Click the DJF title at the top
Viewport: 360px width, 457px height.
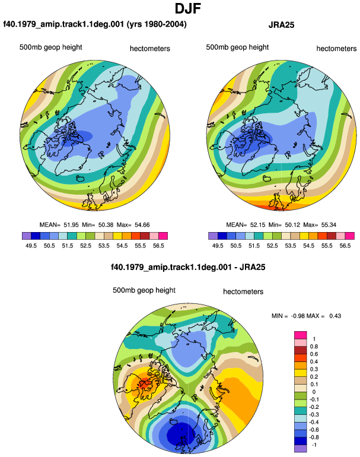click(x=188, y=8)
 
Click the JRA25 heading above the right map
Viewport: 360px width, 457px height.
click(x=281, y=25)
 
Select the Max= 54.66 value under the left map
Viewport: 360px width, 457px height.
click(x=133, y=225)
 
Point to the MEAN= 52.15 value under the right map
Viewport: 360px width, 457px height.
click(x=246, y=225)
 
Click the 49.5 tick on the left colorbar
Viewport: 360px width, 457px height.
click(x=31, y=246)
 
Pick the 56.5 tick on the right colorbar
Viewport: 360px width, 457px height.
click(x=345, y=246)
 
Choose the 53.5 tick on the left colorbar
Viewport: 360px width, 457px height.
click(x=104, y=246)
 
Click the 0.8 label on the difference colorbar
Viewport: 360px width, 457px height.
click(x=314, y=347)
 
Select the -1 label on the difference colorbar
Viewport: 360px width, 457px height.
click(x=313, y=445)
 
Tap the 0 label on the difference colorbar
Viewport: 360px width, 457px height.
click(x=314, y=392)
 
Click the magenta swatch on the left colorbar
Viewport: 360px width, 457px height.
click(x=163, y=236)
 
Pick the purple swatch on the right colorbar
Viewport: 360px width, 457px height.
click(x=213, y=236)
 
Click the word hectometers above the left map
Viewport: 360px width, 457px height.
click(x=149, y=49)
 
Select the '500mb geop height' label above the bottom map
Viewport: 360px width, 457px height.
click(x=144, y=290)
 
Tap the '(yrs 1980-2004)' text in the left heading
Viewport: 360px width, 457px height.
click(x=157, y=24)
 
